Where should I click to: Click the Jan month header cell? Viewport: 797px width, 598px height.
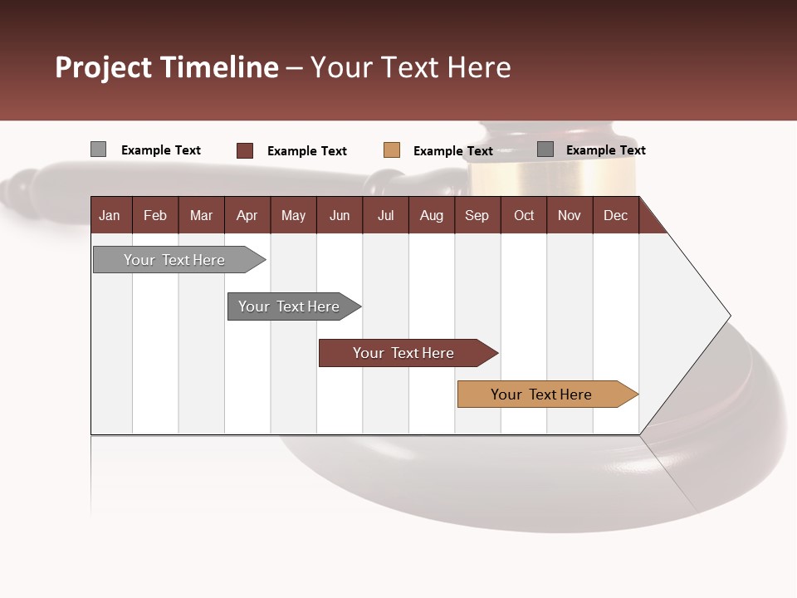pyautogui.click(x=110, y=215)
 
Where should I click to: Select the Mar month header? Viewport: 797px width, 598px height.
pyautogui.click(x=201, y=215)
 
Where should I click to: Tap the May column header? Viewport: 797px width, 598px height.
pyautogui.click(x=293, y=215)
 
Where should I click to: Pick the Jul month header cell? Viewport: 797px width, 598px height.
pyautogui.click(x=385, y=215)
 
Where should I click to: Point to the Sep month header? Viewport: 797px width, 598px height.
pyautogui.click(x=477, y=215)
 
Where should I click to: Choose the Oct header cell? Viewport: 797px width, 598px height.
pyautogui.click(x=524, y=215)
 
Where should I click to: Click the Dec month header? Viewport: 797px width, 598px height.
pyautogui.click(x=615, y=215)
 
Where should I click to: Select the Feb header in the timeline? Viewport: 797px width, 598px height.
pyautogui.click(x=155, y=215)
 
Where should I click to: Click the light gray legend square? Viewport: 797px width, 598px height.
pyautogui.click(x=98, y=149)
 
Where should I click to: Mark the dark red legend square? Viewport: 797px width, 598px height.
pyautogui.click(x=244, y=150)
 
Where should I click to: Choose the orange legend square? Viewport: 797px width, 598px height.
pyautogui.click(x=391, y=150)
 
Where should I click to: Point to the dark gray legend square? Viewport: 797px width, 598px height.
pyautogui.click(x=545, y=149)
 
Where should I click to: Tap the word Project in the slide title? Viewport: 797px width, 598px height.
pyautogui.click(x=104, y=67)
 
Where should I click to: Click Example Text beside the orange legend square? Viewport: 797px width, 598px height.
pyautogui.click(x=452, y=151)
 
